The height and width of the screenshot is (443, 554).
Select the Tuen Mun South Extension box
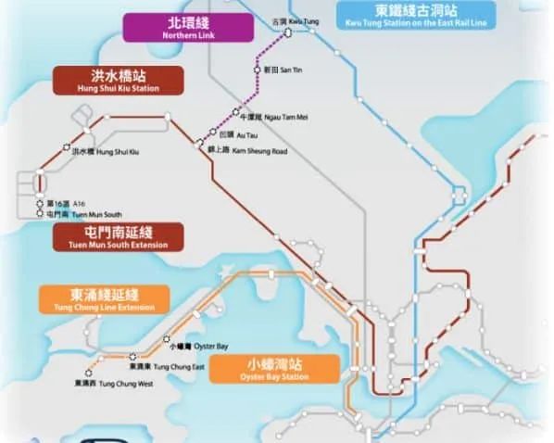(118, 237)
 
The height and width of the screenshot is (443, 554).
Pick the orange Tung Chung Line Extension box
(104, 298)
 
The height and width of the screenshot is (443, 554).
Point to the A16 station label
(73, 202)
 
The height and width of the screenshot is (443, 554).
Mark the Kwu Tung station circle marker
(287, 31)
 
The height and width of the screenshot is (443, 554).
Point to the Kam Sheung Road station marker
(199, 142)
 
